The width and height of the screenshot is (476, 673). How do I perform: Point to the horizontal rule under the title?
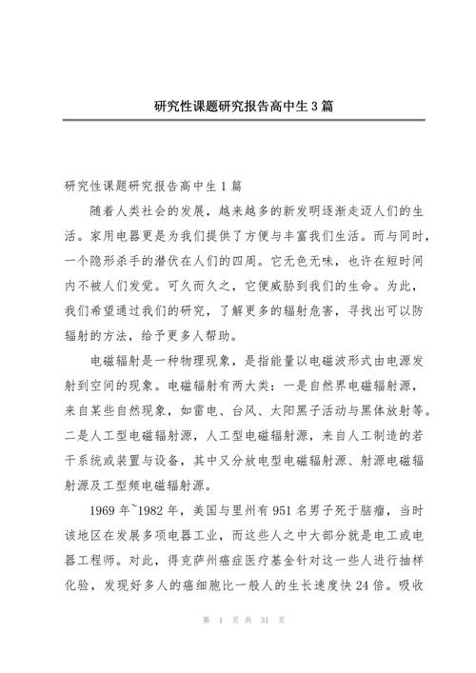238,120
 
